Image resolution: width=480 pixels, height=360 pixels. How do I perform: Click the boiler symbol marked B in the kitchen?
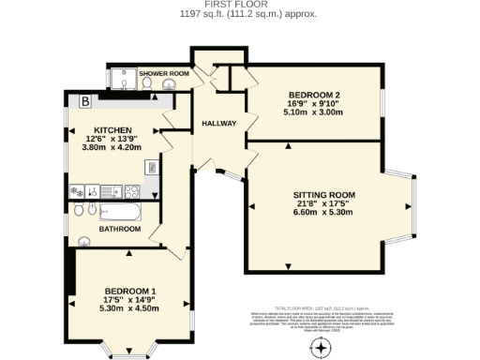(x=84, y=100)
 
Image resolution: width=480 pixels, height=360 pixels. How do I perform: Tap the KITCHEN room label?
(x=112, y=130)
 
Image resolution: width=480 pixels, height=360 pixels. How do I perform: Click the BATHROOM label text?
(x=120, y=230)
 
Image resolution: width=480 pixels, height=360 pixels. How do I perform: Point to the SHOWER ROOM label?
(x=164, y=73)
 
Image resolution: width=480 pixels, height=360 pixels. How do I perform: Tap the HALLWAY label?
(x=216, y=124)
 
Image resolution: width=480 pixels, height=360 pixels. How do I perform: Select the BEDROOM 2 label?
(x=312, y=97)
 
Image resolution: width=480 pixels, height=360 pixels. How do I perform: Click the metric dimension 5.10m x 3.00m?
(x=312, y=113)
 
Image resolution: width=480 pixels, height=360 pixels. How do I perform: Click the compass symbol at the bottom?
(x=322, y=348)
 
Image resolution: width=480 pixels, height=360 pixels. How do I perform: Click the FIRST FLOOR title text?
(x=240, y=5)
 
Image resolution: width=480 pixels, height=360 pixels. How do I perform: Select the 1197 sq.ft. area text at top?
(x=240, y=14)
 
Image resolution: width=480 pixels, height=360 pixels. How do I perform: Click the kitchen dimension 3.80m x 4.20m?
(x=112, y=147)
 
